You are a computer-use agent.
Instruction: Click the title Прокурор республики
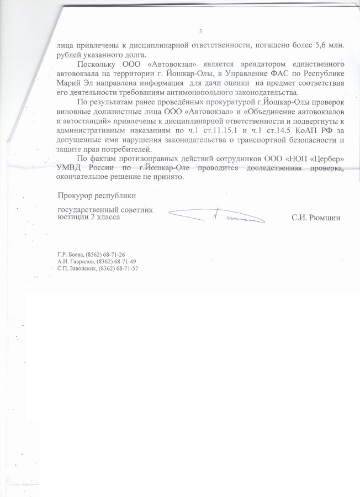click(97, 195)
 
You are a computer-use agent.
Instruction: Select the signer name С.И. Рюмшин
click(316, 218)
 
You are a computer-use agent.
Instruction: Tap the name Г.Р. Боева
click(70, 255)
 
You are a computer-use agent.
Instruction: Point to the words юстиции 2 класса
click(88, 218)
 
